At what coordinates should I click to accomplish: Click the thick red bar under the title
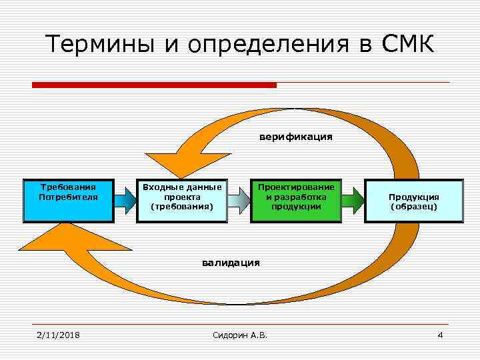154,85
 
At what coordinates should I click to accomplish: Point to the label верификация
295,137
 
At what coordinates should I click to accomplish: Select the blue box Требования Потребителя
68,200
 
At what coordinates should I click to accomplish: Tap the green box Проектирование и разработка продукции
296,200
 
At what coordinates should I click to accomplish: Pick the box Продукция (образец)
413,200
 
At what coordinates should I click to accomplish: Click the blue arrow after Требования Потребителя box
125,199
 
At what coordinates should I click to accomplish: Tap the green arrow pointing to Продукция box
353,199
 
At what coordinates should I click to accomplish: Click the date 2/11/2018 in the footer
58,335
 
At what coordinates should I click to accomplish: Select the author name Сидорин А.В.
239,335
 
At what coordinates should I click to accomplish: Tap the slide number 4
440,335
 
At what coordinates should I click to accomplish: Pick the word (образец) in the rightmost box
413,207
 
